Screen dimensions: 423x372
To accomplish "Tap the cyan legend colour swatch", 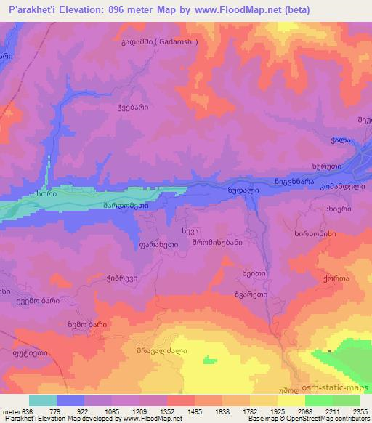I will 43,400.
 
